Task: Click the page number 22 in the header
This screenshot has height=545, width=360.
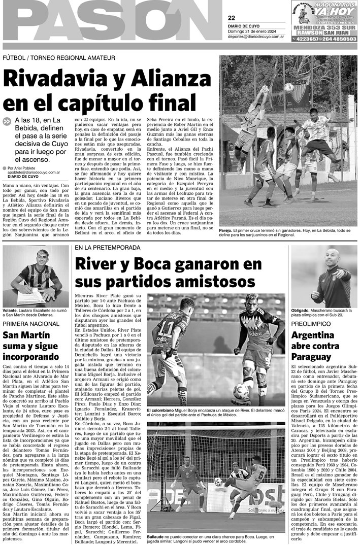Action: (x=232, y=18)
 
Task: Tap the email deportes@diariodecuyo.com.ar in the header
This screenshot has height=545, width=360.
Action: (x=258, y=37)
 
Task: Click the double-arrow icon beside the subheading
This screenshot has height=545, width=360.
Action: (x=7, y=121)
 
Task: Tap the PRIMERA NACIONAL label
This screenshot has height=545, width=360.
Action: (x=31, y=323)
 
